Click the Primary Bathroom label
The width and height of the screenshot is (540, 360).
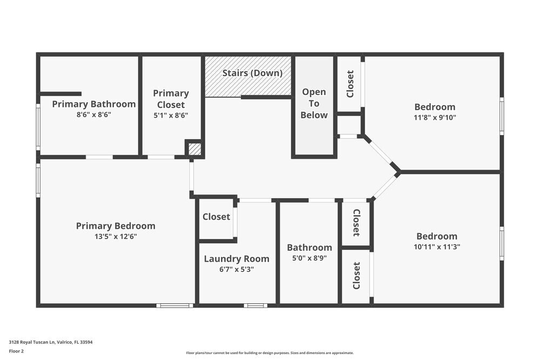pos(93,104)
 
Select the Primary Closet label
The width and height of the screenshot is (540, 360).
pos(171,99)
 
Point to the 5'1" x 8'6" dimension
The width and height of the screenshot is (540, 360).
pos(171,115)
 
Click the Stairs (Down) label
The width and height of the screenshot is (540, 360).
pos(252,73)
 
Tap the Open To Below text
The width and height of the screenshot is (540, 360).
pos(314,103)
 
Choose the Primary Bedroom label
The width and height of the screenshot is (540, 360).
pos(116,226)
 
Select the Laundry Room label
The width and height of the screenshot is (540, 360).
pos(237,259)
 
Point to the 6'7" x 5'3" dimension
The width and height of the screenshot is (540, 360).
pos(237,269)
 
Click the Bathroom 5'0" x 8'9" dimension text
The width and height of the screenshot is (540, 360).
pos(309,258)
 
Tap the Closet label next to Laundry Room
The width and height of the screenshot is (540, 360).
pos(216,217)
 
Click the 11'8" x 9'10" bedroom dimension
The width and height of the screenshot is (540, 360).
pos(435,117)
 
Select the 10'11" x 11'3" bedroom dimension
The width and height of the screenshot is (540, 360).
pos(437,247)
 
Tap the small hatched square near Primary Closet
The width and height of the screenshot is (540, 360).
pos(194,149)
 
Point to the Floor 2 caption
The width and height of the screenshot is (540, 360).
pos(16,351)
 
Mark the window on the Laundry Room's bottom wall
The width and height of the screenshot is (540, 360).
pos(255,305)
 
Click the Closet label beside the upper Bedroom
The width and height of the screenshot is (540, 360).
pos(350,84)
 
